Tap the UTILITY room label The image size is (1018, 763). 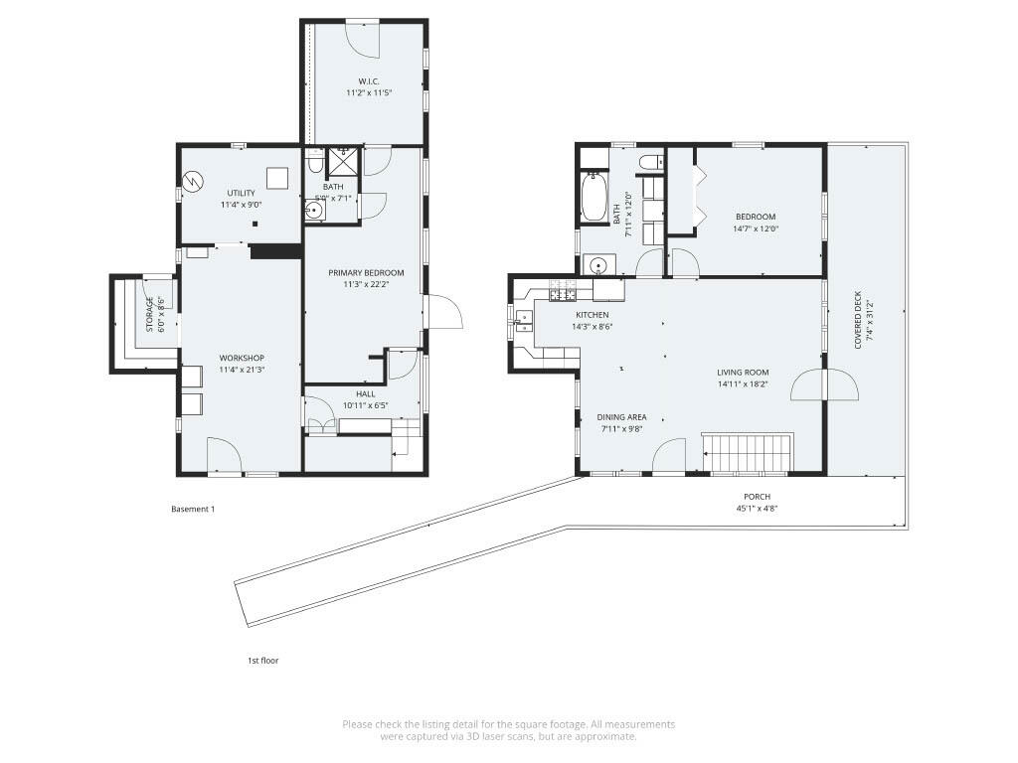241,193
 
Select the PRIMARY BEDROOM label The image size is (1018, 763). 366,272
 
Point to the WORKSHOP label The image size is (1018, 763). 242,358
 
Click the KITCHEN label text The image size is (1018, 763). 591,315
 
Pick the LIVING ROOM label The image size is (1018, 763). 743,373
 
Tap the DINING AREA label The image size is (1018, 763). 622,417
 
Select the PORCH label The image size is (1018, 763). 757,497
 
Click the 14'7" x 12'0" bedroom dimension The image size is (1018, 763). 756,229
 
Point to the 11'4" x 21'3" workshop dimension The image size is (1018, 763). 242,370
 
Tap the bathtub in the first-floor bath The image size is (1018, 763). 594,197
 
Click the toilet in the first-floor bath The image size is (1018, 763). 651,162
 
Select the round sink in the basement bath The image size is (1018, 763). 313,210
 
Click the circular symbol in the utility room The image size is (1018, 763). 192,182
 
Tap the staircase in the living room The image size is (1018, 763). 747,453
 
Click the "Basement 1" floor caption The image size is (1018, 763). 193,510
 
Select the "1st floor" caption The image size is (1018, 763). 262,660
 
